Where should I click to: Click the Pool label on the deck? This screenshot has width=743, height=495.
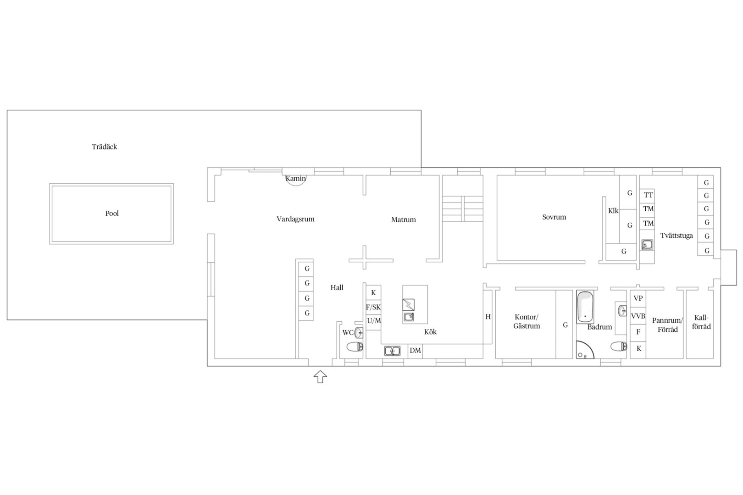click(x=112, y=213)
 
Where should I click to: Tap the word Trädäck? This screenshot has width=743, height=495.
click(x=104, y=147)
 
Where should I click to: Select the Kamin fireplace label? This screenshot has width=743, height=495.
click(x=295, y=178)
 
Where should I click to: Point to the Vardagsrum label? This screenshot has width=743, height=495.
click(x=295, y=219)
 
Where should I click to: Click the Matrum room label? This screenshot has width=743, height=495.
click(x=403, y=220)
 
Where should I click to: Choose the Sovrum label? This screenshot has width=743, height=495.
click(x=554, y=217)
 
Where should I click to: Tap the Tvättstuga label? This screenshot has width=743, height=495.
click(x=676, y=236)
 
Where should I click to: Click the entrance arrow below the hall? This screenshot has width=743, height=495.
click(x=320, y=377)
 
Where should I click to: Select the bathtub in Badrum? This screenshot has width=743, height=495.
click(x=585, y=308)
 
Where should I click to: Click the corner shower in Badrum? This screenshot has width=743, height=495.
click(x=584, y=351)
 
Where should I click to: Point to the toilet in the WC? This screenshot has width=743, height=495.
click(x=355, y=347)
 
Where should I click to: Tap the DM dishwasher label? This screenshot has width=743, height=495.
click(x=415, y=351)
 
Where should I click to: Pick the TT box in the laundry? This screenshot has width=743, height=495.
click(x=648, y=195)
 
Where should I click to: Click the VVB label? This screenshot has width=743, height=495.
click(x=638, y=316)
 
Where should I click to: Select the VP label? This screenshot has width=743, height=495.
click(x=638, y=298)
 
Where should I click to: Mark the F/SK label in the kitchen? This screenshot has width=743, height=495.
click(x=373, y=308)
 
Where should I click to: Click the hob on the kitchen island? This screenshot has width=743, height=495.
click(x=408, y=305)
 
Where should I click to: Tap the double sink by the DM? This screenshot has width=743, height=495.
click(x=392, y=351)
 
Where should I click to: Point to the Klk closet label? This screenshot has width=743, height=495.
click(x=613, y=211)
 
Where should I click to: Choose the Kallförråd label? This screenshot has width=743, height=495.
click(x=701, y=322)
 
